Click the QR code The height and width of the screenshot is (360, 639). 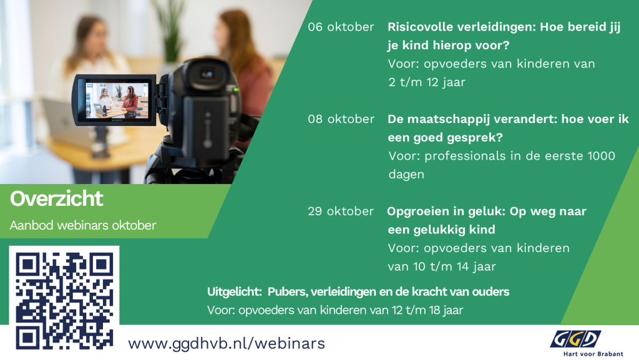(x=64, y=301)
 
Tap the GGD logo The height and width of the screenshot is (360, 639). (x=575, y=339)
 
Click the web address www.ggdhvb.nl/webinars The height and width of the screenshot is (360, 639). (x=227, y=344)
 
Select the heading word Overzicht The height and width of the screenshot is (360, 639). (x=57, y=199)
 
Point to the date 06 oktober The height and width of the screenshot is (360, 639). (x=341, y=27)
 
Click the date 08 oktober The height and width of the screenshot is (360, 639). (x=341, y=119)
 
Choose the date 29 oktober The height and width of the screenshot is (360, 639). (x=341, y=211)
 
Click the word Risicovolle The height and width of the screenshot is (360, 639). (x=420, y=27)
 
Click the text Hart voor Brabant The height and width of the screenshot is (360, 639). (x=593, y=354)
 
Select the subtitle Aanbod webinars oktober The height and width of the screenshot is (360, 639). (x=83, y=225)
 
